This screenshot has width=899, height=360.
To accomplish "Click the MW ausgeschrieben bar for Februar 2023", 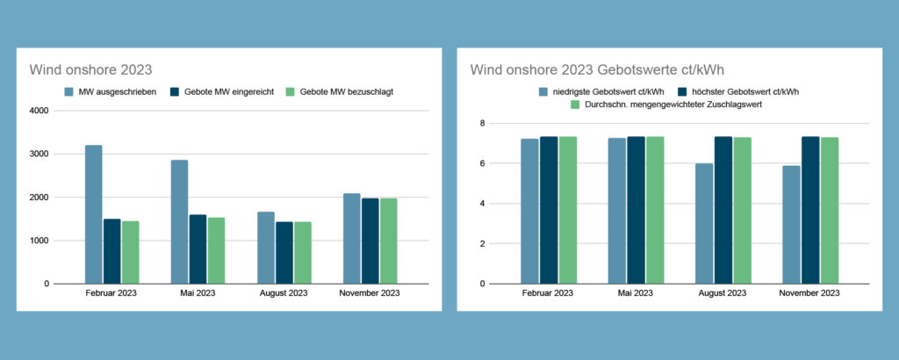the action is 93,214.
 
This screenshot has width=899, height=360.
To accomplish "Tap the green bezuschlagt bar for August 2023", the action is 303,253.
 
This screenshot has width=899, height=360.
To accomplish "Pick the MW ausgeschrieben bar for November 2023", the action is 352,239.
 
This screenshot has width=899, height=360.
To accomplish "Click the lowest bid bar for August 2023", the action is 704,224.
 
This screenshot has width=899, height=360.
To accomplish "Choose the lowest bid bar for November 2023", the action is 791,225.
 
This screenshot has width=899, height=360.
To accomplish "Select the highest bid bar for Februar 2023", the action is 549,210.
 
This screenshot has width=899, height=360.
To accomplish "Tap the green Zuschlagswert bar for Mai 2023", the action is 655,210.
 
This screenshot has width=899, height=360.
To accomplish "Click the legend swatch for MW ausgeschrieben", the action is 68,91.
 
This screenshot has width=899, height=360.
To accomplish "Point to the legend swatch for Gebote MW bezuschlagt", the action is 290,91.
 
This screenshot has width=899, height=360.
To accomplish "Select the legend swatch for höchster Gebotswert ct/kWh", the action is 682,91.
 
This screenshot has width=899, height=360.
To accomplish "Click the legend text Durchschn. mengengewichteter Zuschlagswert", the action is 673,104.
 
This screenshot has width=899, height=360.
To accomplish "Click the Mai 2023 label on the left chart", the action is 198,293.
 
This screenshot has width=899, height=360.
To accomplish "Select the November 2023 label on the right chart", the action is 809,293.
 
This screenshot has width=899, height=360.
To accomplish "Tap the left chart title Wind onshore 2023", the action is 90,70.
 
